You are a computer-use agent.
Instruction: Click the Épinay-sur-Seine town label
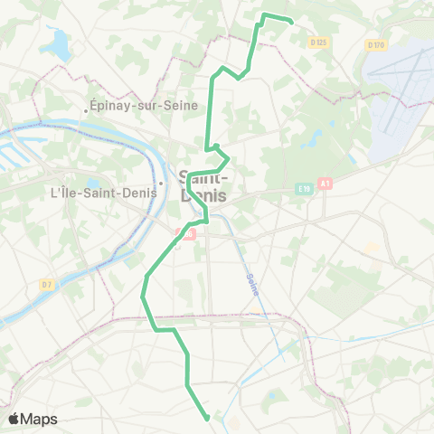(x=136, y=105)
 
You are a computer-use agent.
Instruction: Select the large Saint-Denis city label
(x=204, y=185)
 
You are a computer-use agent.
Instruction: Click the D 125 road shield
(x=316, y=42)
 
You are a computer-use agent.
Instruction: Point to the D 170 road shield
(x=376, y=44)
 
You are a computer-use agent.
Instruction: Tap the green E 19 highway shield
(x=305, y=188)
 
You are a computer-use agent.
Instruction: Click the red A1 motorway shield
(x=325, y=183)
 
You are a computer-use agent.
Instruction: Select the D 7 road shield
(x=47, y=285)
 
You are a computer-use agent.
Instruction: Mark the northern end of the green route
(x=292, y=21)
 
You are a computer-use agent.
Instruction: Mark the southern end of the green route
(x=208, y=418)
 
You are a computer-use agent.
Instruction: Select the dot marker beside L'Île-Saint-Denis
(x=160, y=184)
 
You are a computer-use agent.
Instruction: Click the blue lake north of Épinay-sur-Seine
(x=60, y=43)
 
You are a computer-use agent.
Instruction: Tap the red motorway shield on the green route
(x=190, y=233)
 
